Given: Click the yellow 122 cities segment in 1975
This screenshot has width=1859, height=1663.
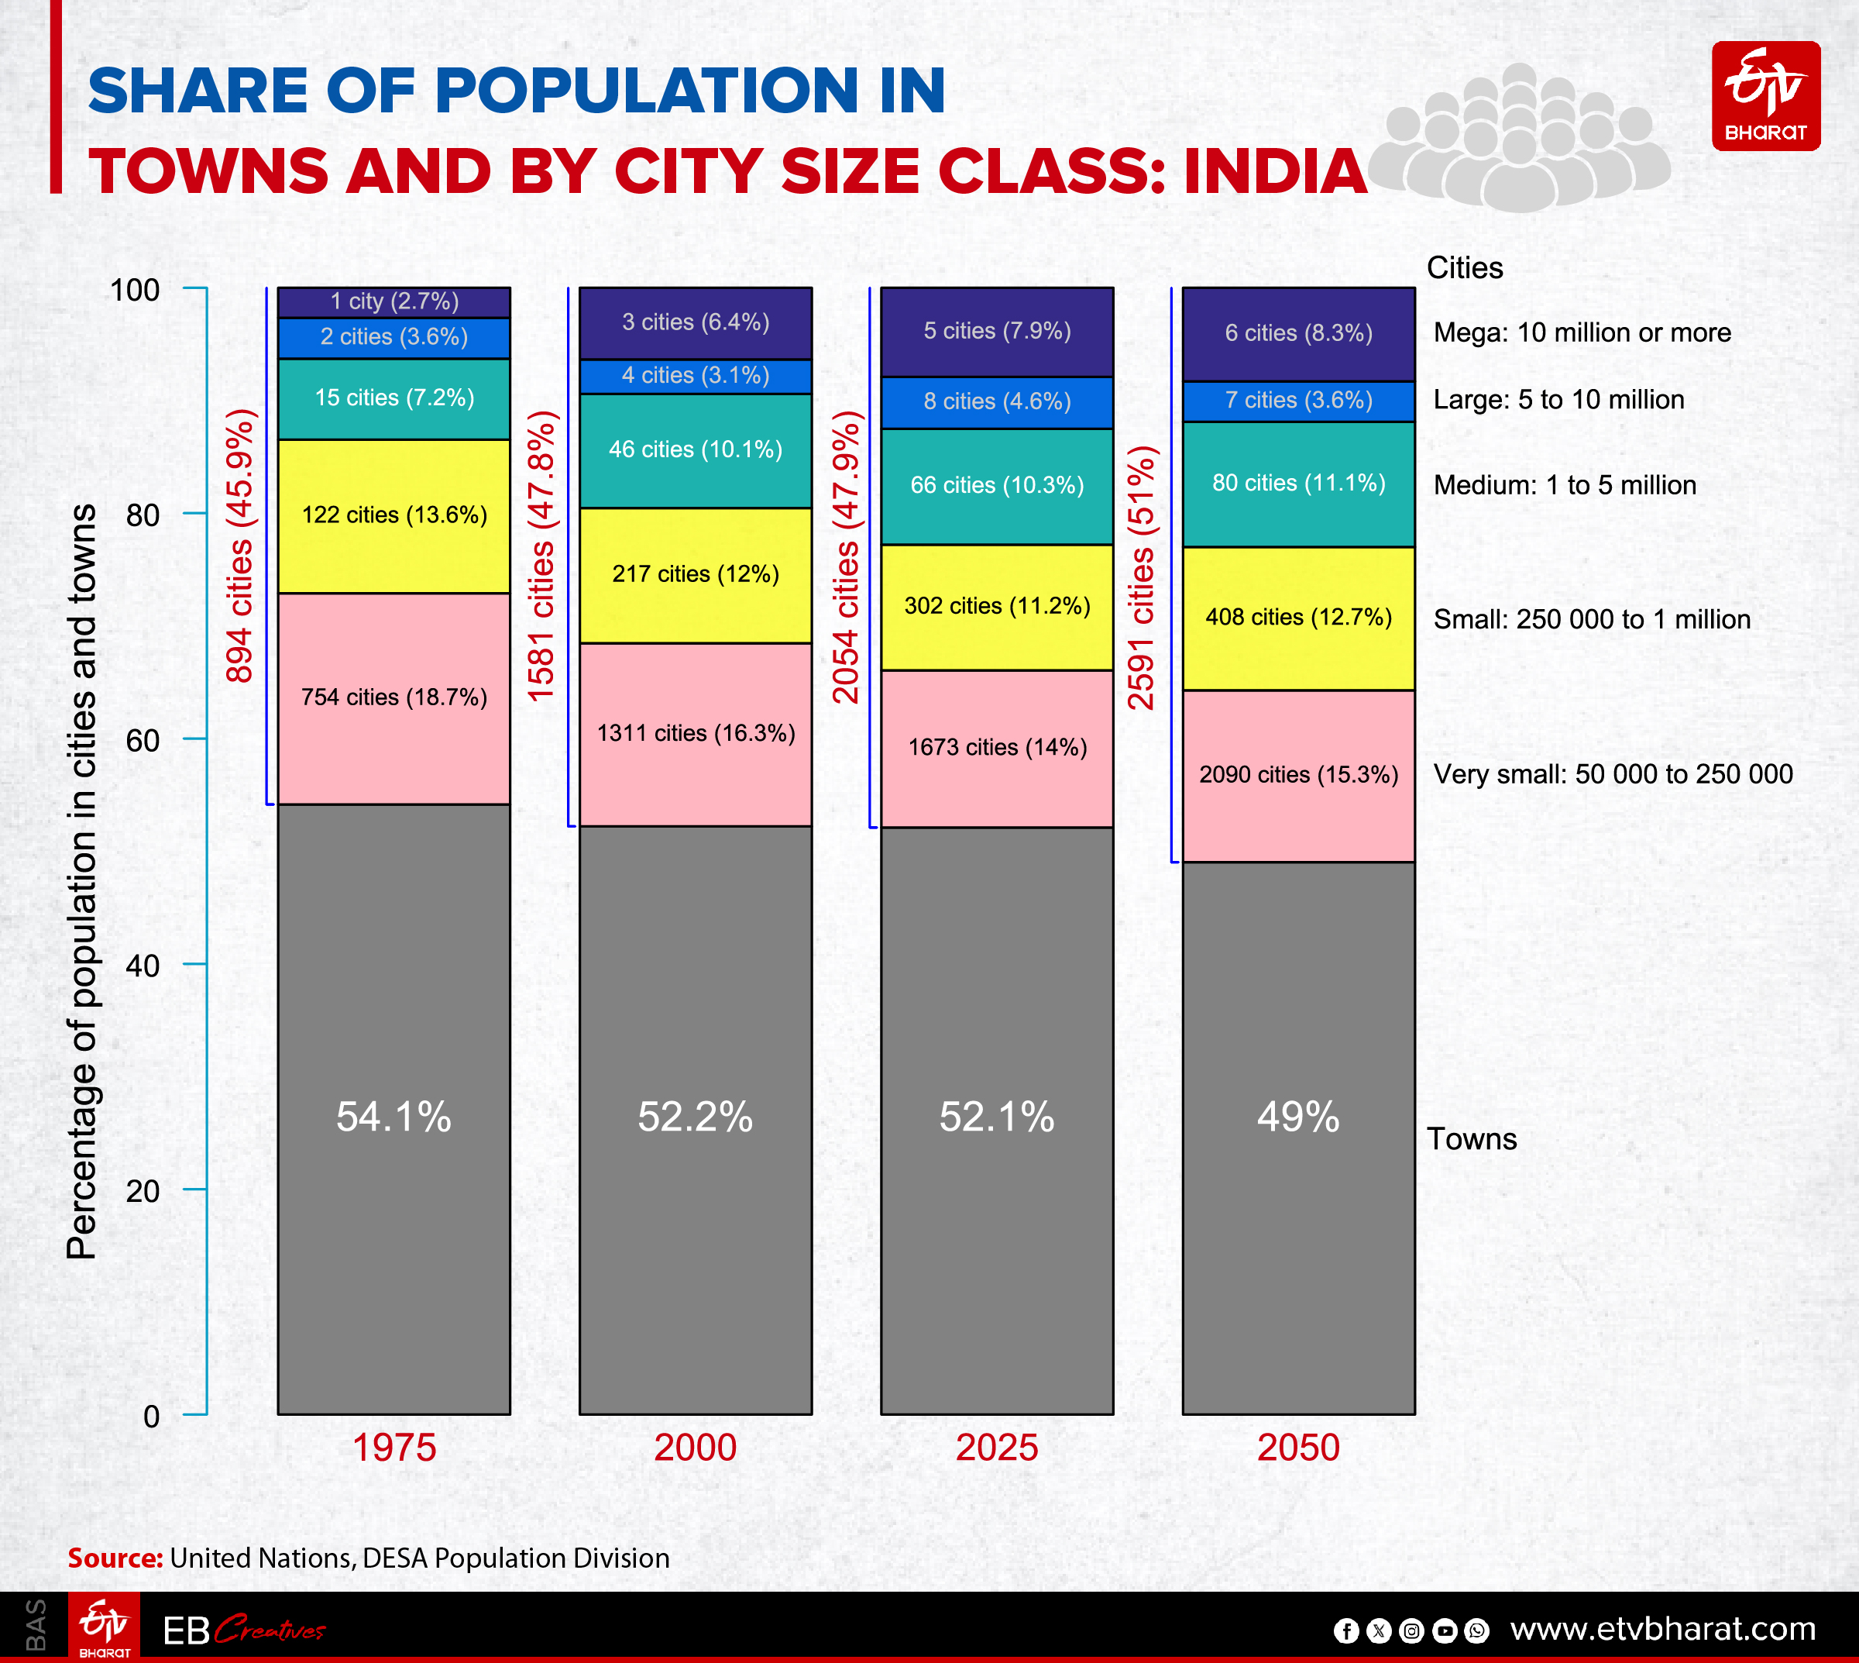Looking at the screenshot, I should (x=393, y=515).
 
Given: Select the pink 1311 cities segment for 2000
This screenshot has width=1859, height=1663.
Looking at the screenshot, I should (x=695, y=734).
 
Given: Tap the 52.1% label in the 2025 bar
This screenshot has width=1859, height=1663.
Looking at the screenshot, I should (x=997, y=1117).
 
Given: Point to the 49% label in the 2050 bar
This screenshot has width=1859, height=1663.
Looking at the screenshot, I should (x=1298, y=1117).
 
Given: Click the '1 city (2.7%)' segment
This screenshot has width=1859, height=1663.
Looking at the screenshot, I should (x=393, y=301).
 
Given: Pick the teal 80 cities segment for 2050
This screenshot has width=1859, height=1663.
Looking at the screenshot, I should (x=1298, y=484).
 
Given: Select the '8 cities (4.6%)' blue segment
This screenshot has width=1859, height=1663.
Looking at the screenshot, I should (x=997, y=402).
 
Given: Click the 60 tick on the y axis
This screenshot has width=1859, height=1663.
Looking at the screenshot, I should (x=143, y=740).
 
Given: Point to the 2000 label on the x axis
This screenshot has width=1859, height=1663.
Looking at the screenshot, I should (x=695, y=1448).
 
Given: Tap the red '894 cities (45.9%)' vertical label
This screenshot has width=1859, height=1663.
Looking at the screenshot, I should (x=240, y=546).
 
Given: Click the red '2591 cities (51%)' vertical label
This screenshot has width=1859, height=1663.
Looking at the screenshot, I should (x=1142, y=577).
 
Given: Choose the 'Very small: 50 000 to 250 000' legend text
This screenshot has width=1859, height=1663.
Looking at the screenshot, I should (x=1613, y=775).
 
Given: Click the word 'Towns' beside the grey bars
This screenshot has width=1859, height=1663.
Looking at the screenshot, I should (x=1471, y=1139).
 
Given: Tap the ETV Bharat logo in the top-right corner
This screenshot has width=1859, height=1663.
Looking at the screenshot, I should (x=1765, y=96).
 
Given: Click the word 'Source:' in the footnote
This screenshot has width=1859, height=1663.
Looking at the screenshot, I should (x=115, y=1558).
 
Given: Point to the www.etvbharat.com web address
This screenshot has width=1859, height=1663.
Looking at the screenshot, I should (x=1662, y=1628).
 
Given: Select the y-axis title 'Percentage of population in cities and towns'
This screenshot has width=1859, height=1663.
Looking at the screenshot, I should (x=82, y=882).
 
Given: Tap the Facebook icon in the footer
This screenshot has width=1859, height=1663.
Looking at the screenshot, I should (x=1345, y=1630).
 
